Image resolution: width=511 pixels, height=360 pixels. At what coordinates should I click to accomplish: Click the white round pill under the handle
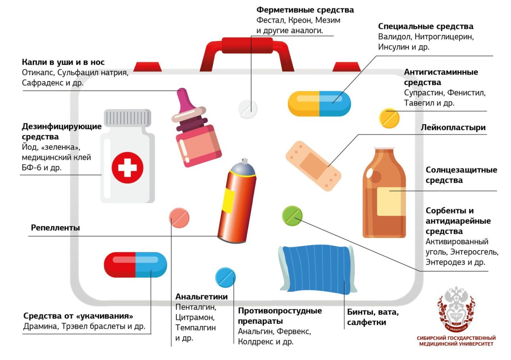click(247, 109)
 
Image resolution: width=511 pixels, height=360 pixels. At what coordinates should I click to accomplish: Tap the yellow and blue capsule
click(319, 104)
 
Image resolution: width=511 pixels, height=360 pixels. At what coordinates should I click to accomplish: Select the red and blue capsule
click(135, 264)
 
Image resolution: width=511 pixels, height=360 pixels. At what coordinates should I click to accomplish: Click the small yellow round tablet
click(390, 118)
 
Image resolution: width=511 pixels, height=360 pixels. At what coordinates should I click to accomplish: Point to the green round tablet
click(292, 216)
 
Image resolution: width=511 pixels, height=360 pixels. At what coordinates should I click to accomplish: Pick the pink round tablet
click(179, 219)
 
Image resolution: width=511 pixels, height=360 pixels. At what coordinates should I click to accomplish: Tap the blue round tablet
click(225, 277)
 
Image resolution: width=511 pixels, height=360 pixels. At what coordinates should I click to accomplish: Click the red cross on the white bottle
click(127, 167)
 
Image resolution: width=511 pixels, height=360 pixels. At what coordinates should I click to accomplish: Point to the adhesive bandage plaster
click(313, 162)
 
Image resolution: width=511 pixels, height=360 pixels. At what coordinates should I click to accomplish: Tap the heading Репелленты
click(55, 228)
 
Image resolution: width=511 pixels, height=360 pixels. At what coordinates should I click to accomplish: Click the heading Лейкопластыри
click(453, 127)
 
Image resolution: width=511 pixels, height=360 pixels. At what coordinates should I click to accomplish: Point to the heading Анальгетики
click(201, 297)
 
